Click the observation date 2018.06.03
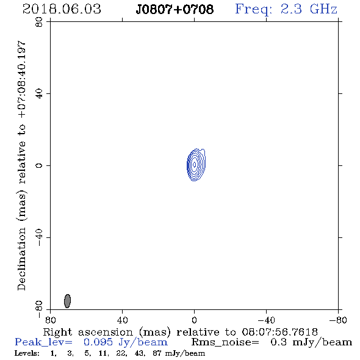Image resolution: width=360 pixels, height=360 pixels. (62, 9)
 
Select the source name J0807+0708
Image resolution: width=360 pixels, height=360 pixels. (175, 9)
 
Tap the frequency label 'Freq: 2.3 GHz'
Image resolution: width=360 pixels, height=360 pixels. (286, 9)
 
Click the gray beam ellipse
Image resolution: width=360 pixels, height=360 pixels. (67, 301)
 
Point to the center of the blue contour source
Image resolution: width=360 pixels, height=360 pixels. (195, 165)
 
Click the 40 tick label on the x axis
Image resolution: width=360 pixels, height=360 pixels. (122, 320)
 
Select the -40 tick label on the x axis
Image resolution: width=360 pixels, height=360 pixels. (266, 320)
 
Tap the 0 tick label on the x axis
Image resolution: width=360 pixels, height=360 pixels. (194, 320)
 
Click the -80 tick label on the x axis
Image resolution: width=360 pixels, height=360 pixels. (338, 320)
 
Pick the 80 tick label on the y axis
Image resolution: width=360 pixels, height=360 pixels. (39, 22)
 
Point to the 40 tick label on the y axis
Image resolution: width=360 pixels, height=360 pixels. (39, 94)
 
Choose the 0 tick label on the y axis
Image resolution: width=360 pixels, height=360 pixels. (39, 165)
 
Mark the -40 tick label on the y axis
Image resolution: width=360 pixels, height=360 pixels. (39, 238)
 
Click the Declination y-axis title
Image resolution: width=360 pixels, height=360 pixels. (22, 165)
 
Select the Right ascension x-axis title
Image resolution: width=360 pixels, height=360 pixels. (180, 332)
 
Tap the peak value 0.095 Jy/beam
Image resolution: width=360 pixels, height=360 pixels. (125, 342)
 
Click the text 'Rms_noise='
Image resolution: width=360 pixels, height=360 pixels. (225, 342)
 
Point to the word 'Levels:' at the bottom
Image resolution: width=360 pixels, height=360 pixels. (27, 353)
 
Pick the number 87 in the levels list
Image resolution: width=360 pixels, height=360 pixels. (157, 353)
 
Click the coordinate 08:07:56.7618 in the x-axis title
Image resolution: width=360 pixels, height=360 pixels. (279, 332)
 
